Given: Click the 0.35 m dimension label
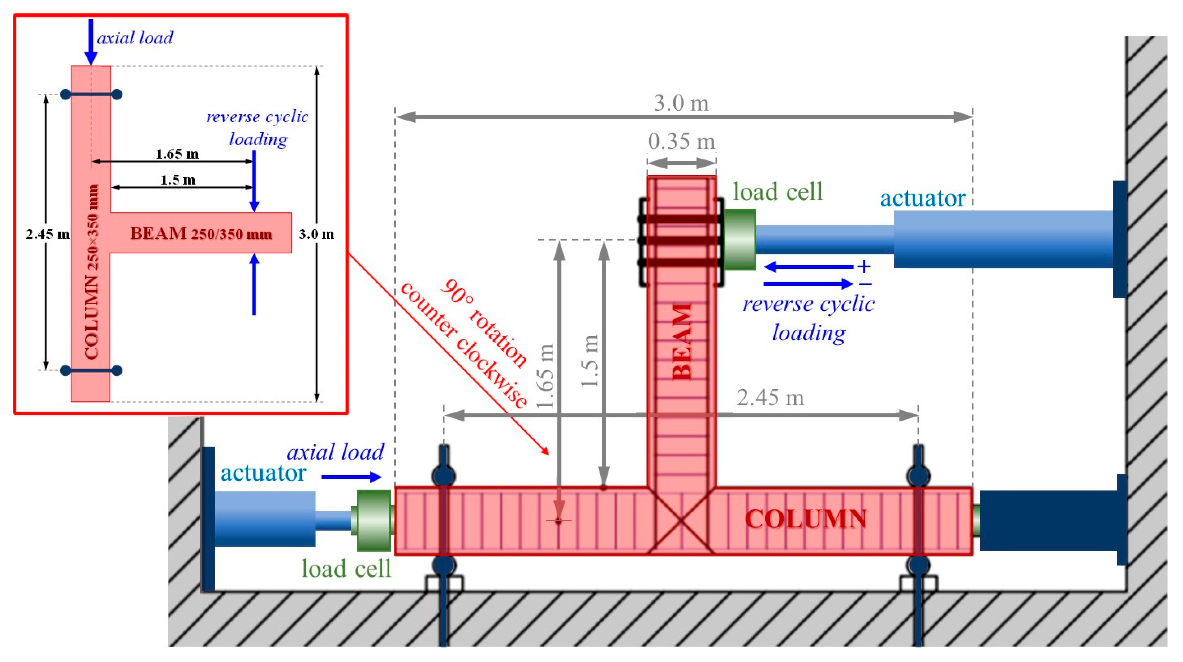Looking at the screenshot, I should tap(682, 141).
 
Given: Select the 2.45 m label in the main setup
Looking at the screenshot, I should tap(771, 398).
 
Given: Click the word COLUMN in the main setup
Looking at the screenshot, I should tap(806, 520).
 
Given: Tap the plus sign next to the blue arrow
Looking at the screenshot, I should tap(864, 266).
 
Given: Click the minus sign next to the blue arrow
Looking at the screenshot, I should tap(865, 284).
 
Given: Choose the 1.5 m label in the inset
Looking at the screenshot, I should tap(178, 180).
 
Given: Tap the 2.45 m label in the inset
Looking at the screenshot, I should tap(47, 234).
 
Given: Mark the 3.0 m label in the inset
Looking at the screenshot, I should tap(316, 234).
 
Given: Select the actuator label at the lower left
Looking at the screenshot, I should tap(263, 473).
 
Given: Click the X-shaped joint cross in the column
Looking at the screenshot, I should tap(682, 521).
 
